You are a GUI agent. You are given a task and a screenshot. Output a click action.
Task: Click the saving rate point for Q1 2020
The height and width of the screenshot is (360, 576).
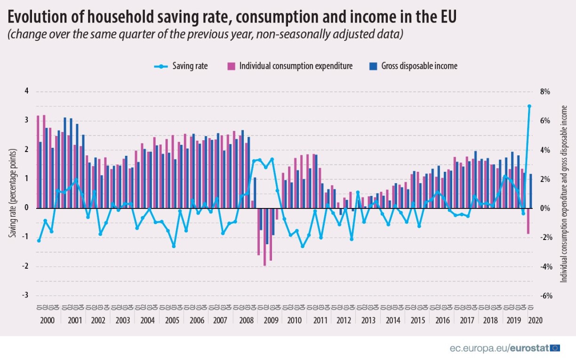529,106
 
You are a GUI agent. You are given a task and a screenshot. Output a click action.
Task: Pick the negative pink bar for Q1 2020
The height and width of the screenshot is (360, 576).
528,221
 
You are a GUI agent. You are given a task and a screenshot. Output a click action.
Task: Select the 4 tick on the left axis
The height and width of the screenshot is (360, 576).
26,91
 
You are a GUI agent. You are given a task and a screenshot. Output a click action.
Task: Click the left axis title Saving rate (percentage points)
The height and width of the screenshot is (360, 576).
13,193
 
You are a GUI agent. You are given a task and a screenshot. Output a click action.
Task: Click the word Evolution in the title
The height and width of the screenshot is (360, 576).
37,17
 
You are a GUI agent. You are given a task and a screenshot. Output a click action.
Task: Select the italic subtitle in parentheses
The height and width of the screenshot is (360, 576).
205,35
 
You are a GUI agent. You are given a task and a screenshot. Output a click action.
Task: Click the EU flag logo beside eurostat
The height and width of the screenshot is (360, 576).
555,348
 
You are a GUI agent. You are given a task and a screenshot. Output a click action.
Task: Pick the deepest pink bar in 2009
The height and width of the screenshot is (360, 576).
264,237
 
